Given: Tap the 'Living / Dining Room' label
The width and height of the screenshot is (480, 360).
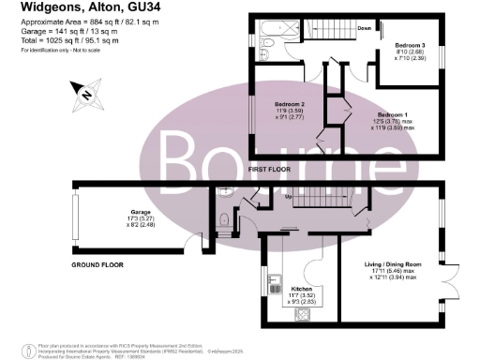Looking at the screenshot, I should (393, 265).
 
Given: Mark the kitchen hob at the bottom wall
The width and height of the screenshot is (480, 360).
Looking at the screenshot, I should (304, 316).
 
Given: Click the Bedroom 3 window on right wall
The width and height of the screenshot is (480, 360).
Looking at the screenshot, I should (441, 65).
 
